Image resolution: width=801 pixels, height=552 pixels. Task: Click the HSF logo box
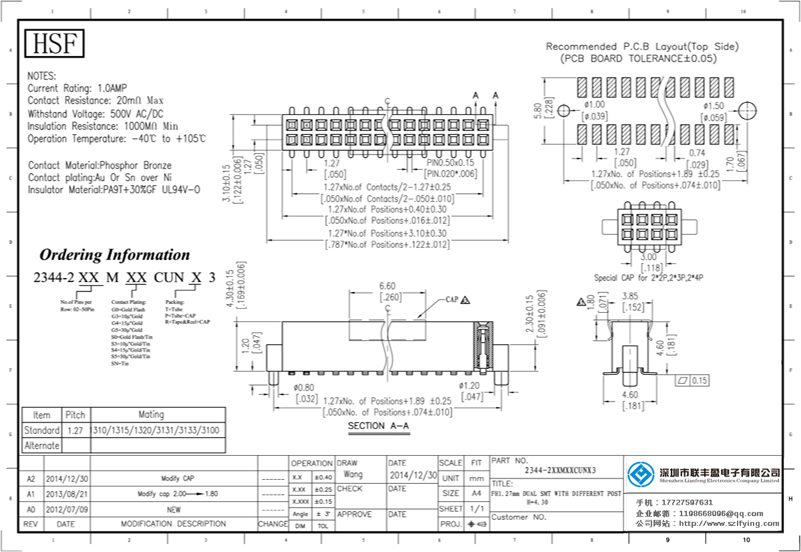click(x=55, y=44)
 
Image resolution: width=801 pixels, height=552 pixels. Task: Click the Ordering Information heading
click(x=115, y=255)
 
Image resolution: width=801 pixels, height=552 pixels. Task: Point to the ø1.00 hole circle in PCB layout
click(x=564, y=110)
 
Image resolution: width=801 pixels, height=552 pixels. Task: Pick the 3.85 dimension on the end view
click(x=631, y=296)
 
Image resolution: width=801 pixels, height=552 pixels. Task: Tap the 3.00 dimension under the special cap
click(x=648, y=257)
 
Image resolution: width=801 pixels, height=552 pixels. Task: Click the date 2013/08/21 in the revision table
click(x=66, y=493)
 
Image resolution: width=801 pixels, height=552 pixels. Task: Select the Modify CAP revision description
click(x=174, y=478)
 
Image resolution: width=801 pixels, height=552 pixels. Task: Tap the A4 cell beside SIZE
click(x=477, y=493)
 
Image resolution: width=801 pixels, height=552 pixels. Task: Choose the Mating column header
click(x=151, y=414)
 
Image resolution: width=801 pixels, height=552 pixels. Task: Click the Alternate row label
click(x=41, y=445)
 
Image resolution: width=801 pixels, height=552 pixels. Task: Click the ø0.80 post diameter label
click(x=304, y=387)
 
